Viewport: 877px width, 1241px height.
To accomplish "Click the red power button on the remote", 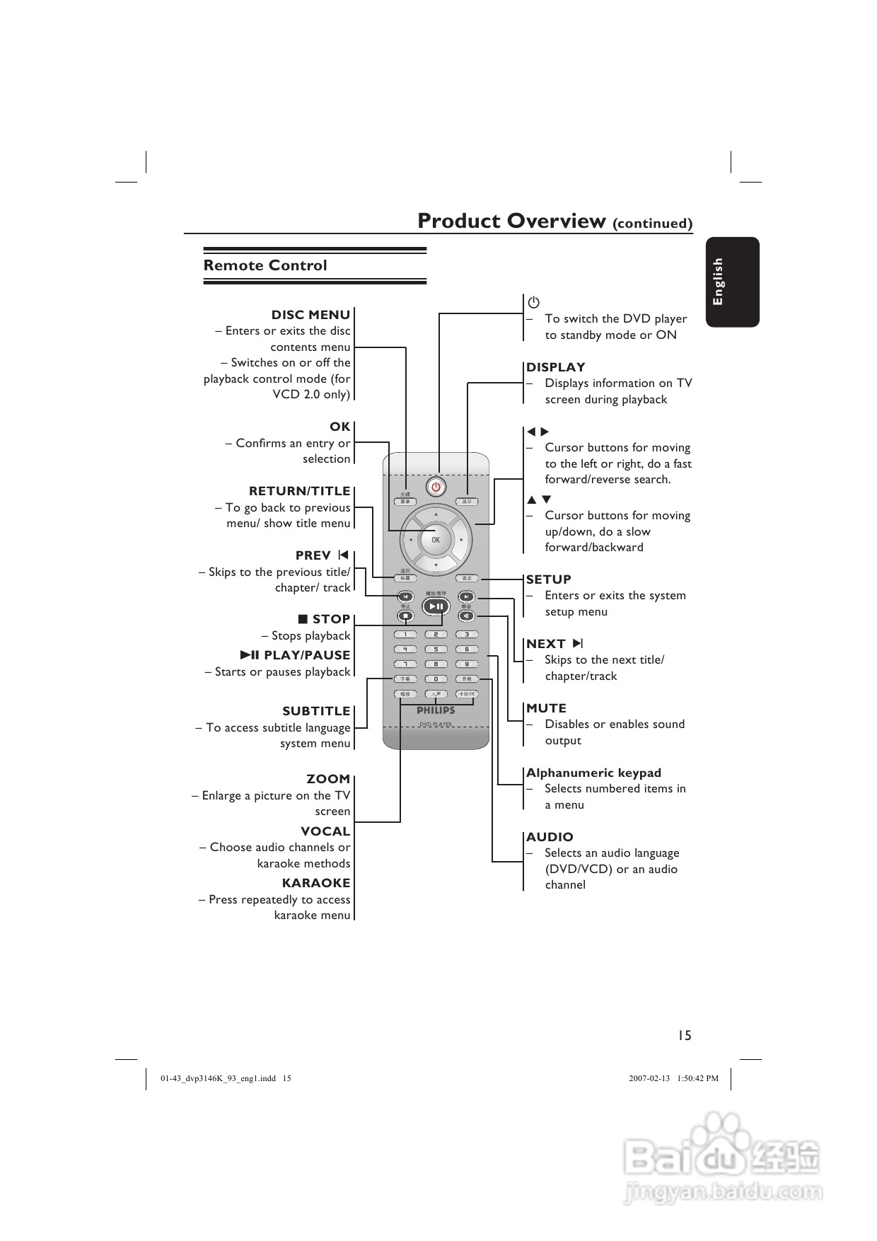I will click(x=436, y=486).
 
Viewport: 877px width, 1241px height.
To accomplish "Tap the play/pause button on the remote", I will click(x=436, y=606).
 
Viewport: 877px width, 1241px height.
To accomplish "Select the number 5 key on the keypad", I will click(x=436, y=649).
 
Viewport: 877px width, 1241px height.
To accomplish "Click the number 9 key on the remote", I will click(x=467, y=664).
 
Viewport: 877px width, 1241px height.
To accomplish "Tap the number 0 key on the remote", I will click(x=436, y=679).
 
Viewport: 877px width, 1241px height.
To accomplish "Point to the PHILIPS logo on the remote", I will click(x=436, y=710).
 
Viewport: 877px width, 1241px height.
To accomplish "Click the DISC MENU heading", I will click(x=310, y=315).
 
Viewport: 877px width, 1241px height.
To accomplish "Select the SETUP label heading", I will click(x=548, y=579).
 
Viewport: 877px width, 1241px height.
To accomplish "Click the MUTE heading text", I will click(x=546, y=708).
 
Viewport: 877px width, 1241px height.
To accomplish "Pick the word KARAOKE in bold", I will click(x=316, y=883).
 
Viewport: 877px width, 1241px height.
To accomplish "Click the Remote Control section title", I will click(x=265, y=265).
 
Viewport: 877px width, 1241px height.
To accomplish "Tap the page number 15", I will click(x=684, y=1035).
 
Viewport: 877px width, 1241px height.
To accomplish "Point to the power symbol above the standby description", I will click(x=533, y=303).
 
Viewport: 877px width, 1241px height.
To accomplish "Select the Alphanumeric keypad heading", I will click(x=593, y=773).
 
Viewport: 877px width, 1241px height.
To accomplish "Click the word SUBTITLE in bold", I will click(x=316, y=711).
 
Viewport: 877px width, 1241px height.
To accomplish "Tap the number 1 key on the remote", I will click(x=405, y=635).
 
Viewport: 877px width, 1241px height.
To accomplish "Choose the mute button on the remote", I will click(x=466, y=616).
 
